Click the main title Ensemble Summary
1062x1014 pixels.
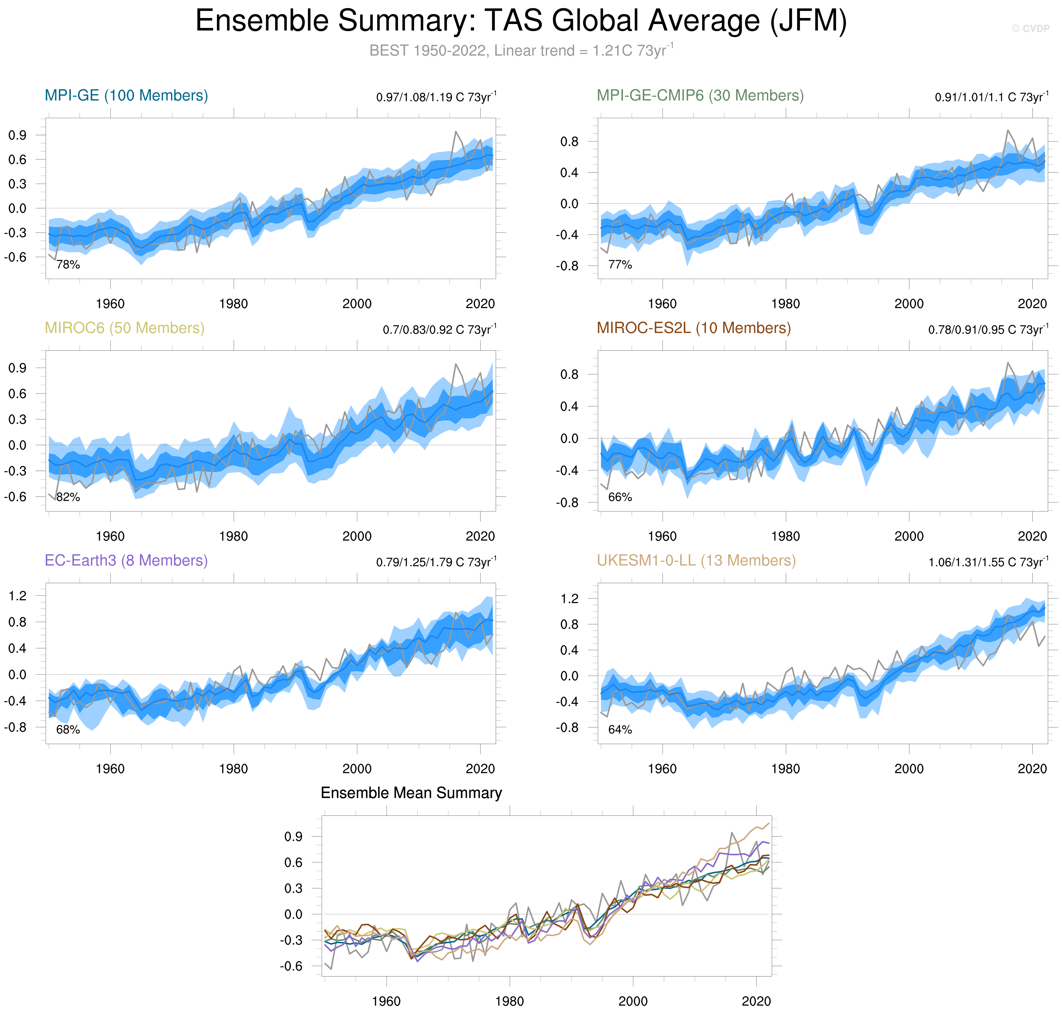pos(521,22)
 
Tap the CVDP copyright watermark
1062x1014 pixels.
pos(1030,29)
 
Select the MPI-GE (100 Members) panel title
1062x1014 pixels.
pos(126,96)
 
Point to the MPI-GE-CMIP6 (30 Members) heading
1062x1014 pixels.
pos(700,96)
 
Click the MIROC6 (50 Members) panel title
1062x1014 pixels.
pos(124,328)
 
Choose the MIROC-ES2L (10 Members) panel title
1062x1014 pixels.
pos(694,328)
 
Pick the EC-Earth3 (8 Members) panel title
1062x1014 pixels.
pos(126,560)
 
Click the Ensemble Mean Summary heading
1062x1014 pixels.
pos(411,793)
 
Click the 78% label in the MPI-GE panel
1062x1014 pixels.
pos(68,265)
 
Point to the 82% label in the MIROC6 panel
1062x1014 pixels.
pos(68,497)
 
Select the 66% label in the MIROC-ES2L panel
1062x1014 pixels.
pos(620,497)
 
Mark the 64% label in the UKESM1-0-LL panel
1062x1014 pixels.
pos(620,730)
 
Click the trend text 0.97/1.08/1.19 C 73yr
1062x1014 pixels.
pos(436,97)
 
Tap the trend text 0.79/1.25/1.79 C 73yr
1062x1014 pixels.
pos(436,562)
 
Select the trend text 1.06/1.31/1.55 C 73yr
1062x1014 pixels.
pos(988,562)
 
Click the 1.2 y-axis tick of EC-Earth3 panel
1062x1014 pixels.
pos(17,596)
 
